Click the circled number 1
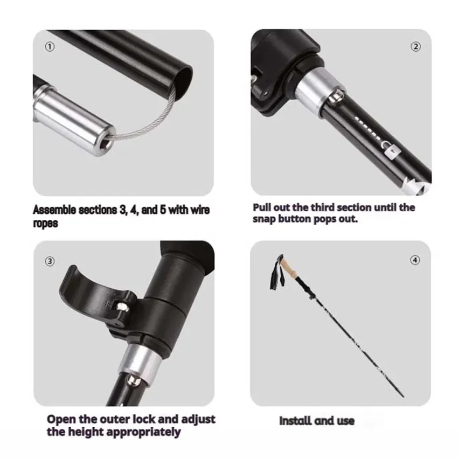pos(50,47)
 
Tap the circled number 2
pos(415,47)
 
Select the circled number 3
pos(50,261)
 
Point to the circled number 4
pos(415,260)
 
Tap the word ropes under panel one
pos(45,224)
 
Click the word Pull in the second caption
pos(262,207)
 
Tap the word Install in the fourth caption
pos(295,421)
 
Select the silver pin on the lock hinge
pos(122,307)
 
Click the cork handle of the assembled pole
pos(289,269)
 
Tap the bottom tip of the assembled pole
pos(404,397)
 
